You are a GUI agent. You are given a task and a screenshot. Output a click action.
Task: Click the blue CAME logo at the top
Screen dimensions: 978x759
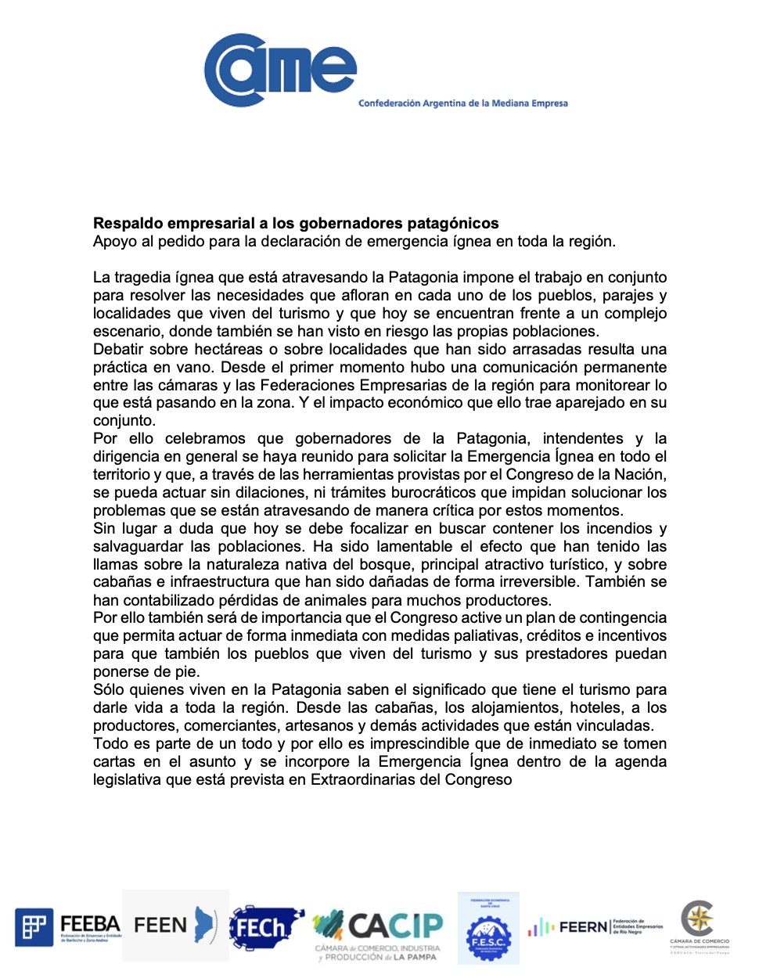coord(280,70)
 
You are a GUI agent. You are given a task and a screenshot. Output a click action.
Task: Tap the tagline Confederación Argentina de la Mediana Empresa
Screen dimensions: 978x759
coord(462,103)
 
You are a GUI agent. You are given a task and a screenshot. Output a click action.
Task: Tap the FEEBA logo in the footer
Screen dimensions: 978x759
coord(68,927)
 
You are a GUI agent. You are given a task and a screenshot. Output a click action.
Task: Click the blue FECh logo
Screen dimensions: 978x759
coord(265,927)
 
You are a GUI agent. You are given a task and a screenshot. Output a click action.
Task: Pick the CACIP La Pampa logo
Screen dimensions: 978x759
coord(379,933)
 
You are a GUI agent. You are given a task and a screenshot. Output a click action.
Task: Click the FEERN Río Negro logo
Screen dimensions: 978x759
coord(595,927)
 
